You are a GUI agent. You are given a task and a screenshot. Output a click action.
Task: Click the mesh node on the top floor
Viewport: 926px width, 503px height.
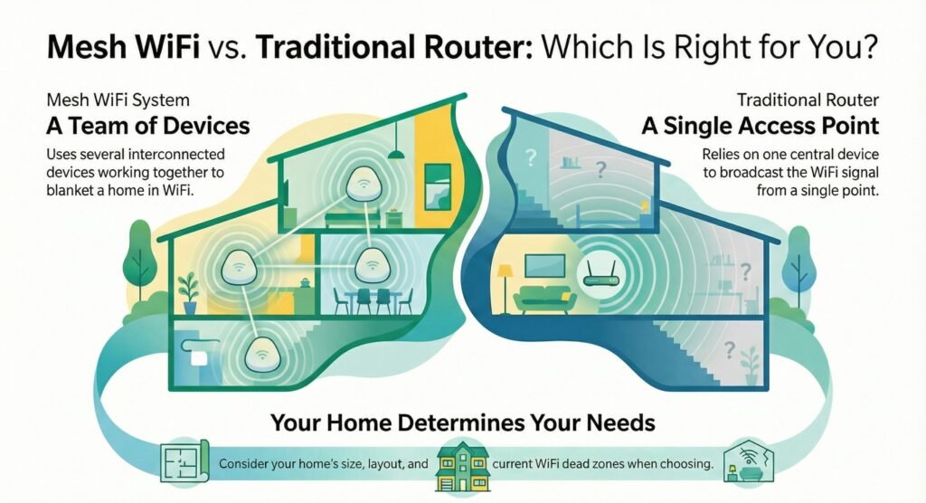point(362,184)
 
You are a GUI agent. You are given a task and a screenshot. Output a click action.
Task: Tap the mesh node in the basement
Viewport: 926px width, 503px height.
point(261,354)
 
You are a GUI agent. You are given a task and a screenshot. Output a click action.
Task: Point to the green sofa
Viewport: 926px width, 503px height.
point(544,300)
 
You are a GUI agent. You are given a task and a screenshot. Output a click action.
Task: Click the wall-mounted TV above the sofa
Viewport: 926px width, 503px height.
point(544,265)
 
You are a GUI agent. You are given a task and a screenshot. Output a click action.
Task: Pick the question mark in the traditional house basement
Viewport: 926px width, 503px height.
point(730,350)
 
